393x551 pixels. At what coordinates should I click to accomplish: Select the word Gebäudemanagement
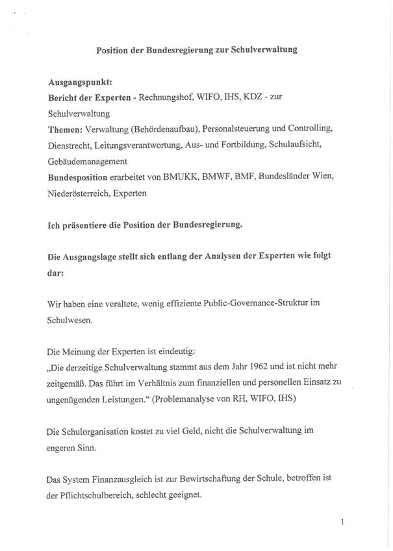[x=87, y=160]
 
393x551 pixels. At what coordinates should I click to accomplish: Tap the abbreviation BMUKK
[x=182, y=176]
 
